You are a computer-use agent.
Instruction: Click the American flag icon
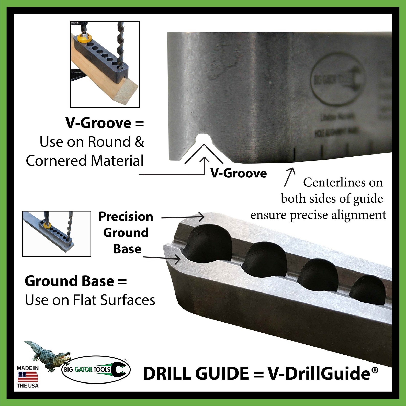point(28,377)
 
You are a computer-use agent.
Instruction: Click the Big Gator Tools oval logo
point(96,369)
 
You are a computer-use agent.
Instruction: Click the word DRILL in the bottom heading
point(168,374)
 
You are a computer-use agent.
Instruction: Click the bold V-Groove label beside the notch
point(239,173)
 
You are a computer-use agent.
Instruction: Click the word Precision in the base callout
point(126,217)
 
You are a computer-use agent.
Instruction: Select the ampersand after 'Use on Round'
point(139,142)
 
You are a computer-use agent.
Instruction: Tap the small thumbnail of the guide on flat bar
point(57,233)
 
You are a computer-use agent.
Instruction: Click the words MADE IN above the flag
point(28,368)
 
